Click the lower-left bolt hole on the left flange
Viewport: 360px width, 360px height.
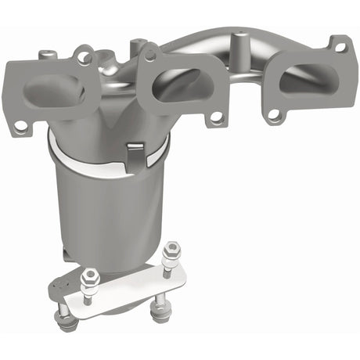coord(21,125)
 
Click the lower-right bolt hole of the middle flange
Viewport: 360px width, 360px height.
coord(214,117)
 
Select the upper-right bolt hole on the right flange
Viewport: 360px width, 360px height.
coord(340,48)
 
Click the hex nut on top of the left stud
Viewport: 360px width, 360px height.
coord(91,276)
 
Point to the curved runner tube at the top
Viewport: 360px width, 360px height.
coord(235,43)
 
